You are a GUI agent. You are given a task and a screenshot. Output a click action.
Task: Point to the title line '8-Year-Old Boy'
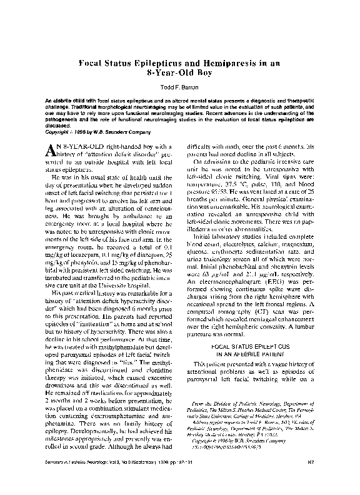coord(180,73)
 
